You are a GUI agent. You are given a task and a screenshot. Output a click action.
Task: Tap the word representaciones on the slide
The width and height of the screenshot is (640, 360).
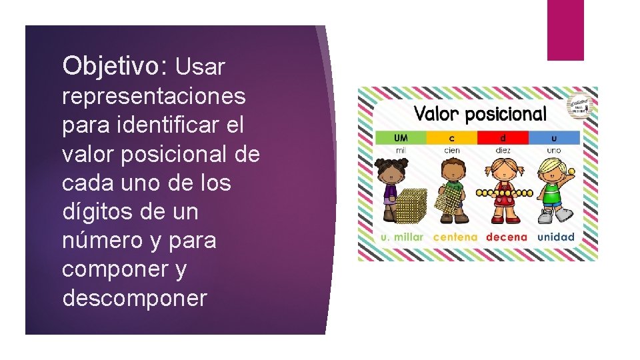pos(154,96)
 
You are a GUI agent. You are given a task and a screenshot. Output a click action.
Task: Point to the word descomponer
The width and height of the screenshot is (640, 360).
pos(135,298)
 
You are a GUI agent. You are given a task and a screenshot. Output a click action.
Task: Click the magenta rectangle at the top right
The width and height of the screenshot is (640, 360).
pos(565,30)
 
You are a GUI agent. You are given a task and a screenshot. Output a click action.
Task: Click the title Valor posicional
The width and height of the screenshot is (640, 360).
pos(480,114)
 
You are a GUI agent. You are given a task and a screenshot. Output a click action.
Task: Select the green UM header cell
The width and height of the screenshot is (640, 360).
pos(401,138)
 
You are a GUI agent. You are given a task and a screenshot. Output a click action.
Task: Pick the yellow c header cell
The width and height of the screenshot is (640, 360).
pos(451,138)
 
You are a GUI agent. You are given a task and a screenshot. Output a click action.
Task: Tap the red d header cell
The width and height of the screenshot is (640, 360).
pos(503,138)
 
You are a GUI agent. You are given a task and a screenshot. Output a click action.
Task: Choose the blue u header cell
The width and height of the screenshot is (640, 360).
pos(554,138)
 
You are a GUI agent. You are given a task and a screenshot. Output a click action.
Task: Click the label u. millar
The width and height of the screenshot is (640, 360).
pos(401,237)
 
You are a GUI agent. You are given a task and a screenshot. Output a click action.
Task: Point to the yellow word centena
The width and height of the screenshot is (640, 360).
pos(455,237)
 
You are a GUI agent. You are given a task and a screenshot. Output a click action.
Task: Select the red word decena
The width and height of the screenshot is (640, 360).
pos(507,237)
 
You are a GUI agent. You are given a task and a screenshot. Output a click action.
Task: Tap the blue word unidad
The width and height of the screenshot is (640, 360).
pos(556,237)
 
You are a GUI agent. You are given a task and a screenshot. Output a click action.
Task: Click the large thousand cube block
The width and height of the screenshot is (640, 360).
pos(411,206)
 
